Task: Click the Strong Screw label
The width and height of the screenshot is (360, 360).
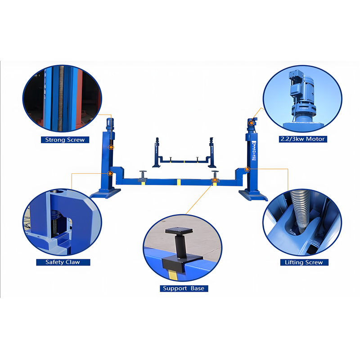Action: (65, 139)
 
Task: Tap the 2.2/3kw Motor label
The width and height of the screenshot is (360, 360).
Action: (303, 139)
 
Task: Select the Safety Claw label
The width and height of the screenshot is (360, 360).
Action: (63, 262)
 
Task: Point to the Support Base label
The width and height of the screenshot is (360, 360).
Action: (184, 288)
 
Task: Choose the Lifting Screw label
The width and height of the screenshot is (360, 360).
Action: (304, 262)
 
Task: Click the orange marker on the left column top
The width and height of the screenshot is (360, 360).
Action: (111, 147)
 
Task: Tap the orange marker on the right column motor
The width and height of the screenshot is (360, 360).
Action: (252, 123)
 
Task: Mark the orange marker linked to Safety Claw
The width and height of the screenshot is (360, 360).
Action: (110, 173)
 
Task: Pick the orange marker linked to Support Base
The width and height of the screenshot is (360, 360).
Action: (215, 180)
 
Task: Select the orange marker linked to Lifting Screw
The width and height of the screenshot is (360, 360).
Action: (247, 169)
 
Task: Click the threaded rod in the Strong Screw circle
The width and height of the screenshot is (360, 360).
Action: (61, 99)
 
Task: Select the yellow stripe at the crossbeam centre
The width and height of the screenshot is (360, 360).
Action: (179, 182)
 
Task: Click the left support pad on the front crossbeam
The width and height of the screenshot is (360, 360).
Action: (143, 175)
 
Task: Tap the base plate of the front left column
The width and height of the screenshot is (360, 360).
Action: (106, 193)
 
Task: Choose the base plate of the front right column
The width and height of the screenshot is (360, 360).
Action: (253, 195)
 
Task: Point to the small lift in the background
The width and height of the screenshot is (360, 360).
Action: (184, 153)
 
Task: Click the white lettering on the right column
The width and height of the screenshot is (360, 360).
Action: (254, 151)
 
